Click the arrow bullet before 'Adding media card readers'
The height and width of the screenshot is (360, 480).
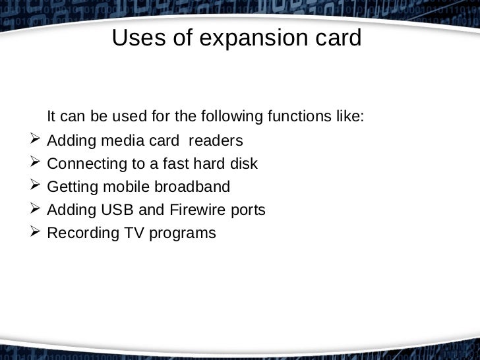(36, 140)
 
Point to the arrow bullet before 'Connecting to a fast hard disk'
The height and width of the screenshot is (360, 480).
(36, 163)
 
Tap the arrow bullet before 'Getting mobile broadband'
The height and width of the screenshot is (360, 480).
(36, 186)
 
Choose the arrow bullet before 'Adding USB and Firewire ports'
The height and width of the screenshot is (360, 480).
(36, 209)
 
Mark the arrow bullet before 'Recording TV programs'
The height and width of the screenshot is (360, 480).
(36, 232)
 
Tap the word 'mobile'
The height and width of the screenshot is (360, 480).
(132, 187)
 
